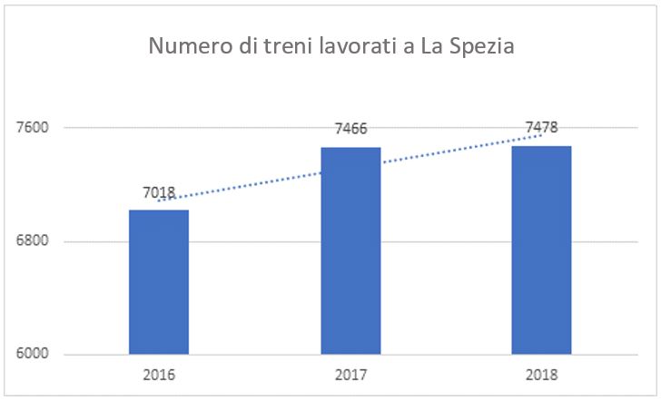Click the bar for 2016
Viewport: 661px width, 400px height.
(x=159, y=282)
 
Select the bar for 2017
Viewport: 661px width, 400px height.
(x=350, y=250)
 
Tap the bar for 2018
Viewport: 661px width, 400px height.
(x=541, y=249)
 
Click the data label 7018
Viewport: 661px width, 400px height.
(x=159, y=192)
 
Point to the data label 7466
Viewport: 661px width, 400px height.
(x=350, y=130)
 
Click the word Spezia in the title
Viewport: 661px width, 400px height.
(x=481, y=47)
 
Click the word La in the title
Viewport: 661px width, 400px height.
(x=430, y=46)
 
